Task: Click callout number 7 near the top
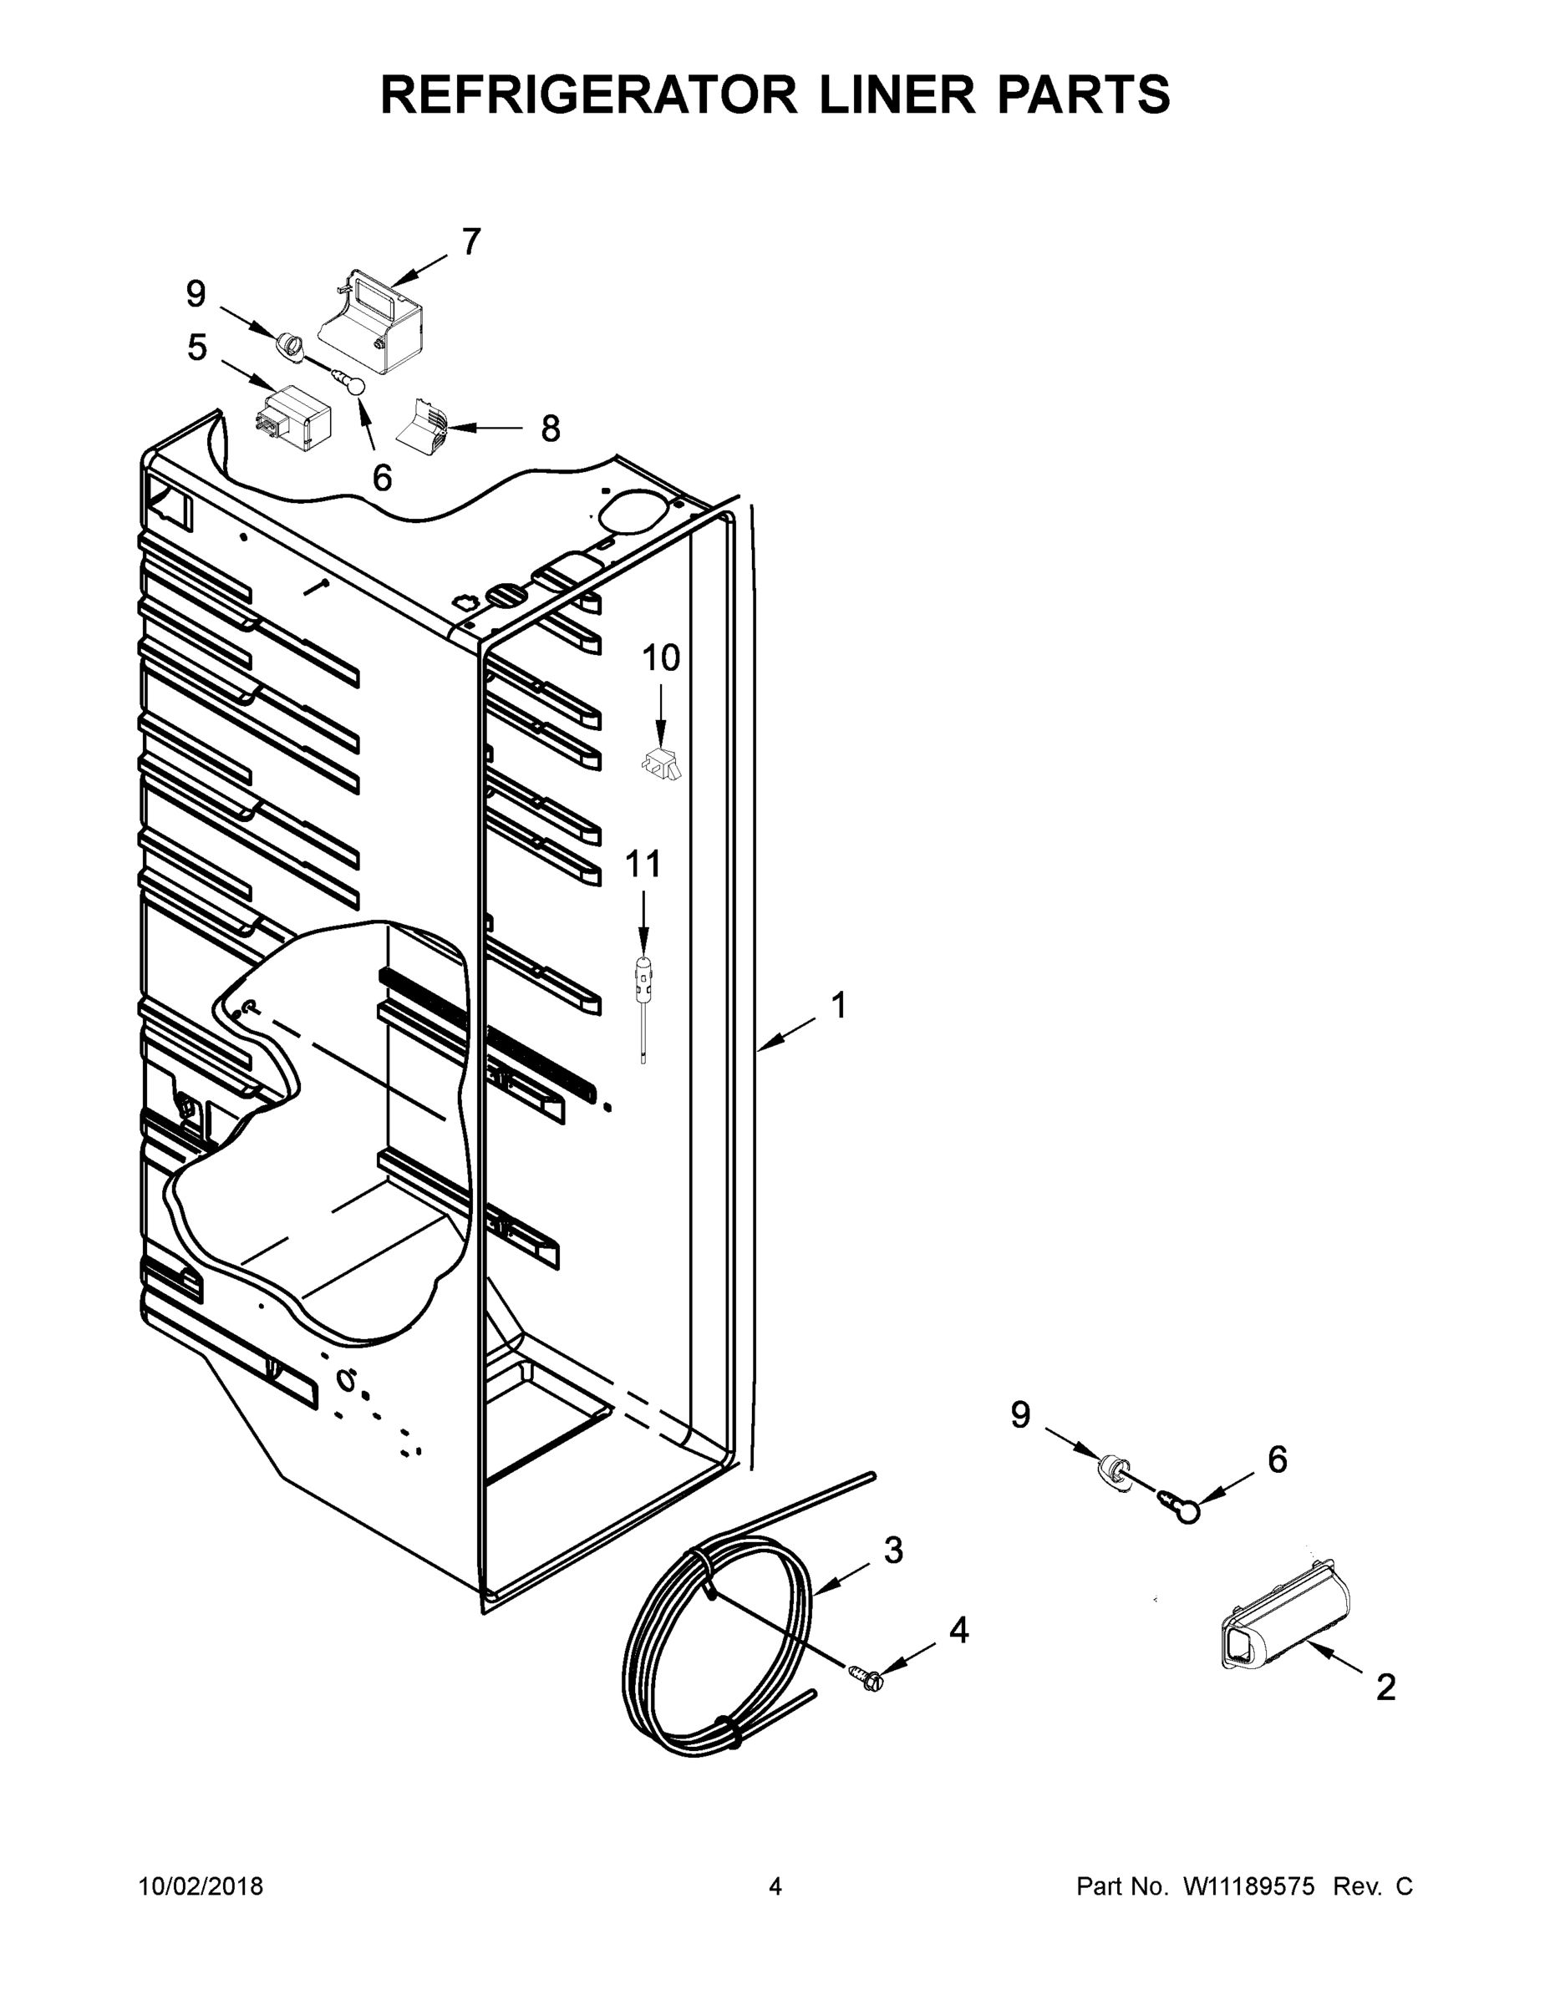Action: (470, 241)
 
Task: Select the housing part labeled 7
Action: (374, 323)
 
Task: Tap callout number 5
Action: (196, 347)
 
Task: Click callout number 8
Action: (550, 428)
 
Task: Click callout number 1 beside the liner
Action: (838, 1005)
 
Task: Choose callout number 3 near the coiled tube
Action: (893, 1550)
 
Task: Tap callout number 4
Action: (958, 1630)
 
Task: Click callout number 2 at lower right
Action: (1385, 1687)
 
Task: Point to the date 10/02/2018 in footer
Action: (201, 1886)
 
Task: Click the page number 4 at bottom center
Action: (775, 1886)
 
